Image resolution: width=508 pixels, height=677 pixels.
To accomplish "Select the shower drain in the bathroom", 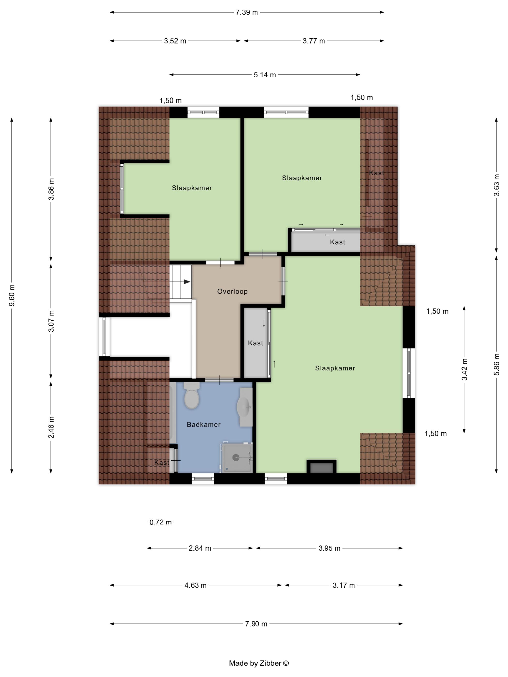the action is pos(236,457).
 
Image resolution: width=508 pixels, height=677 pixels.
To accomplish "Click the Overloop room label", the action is pos(232,291).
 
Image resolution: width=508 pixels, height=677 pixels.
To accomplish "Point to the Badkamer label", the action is pos(204,425).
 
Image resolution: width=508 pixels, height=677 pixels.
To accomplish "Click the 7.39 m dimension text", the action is pos(247,13).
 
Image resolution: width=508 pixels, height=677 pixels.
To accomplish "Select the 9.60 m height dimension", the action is pos(12,295).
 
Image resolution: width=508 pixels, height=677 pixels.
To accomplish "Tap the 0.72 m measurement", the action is pos(160,522).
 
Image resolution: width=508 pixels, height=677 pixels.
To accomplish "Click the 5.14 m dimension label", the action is pos(265,75).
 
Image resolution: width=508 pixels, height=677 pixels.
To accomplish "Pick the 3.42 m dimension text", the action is pos(464,369).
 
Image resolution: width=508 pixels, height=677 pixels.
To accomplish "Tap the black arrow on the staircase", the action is pos(187,282).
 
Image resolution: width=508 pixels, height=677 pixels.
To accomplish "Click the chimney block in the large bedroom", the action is pos(321,466).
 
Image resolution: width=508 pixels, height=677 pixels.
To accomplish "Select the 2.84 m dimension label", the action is pos(200,548).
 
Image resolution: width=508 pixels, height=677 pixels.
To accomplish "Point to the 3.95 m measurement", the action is pos(329,548).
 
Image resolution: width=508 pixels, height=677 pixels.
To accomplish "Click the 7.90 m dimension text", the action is pos(256,624).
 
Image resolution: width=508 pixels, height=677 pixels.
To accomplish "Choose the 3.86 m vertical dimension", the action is pos(51,189).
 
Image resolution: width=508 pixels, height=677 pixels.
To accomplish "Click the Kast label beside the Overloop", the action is pos(255,343).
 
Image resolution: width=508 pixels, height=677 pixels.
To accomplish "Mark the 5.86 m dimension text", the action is pos(497,364).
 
